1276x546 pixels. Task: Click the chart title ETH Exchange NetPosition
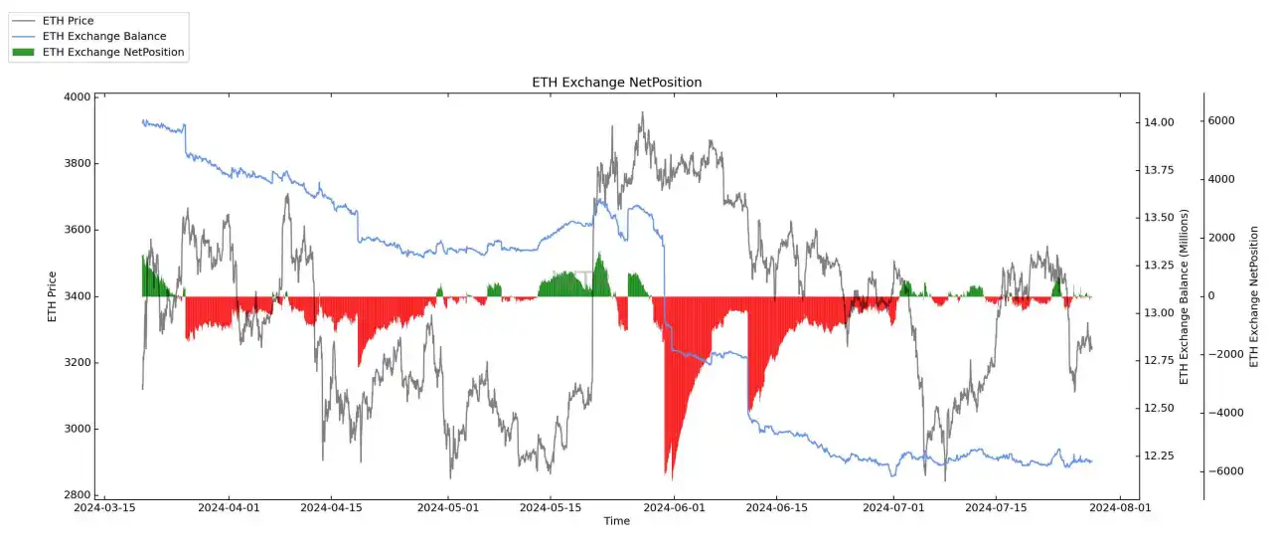(x=616, y=83)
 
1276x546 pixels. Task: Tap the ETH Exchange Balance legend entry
(x=104, y=36)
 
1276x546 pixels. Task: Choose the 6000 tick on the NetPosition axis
(x=1220, y=120)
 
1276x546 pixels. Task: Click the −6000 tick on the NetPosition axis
(x=1217, y=471)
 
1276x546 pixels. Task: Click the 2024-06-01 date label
(x=675, y=507)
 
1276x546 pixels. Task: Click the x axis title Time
(x=616, y=521)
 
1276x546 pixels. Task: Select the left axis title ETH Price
(x=52, y=296)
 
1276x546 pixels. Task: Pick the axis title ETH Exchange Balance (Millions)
(x=1184, y=296)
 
